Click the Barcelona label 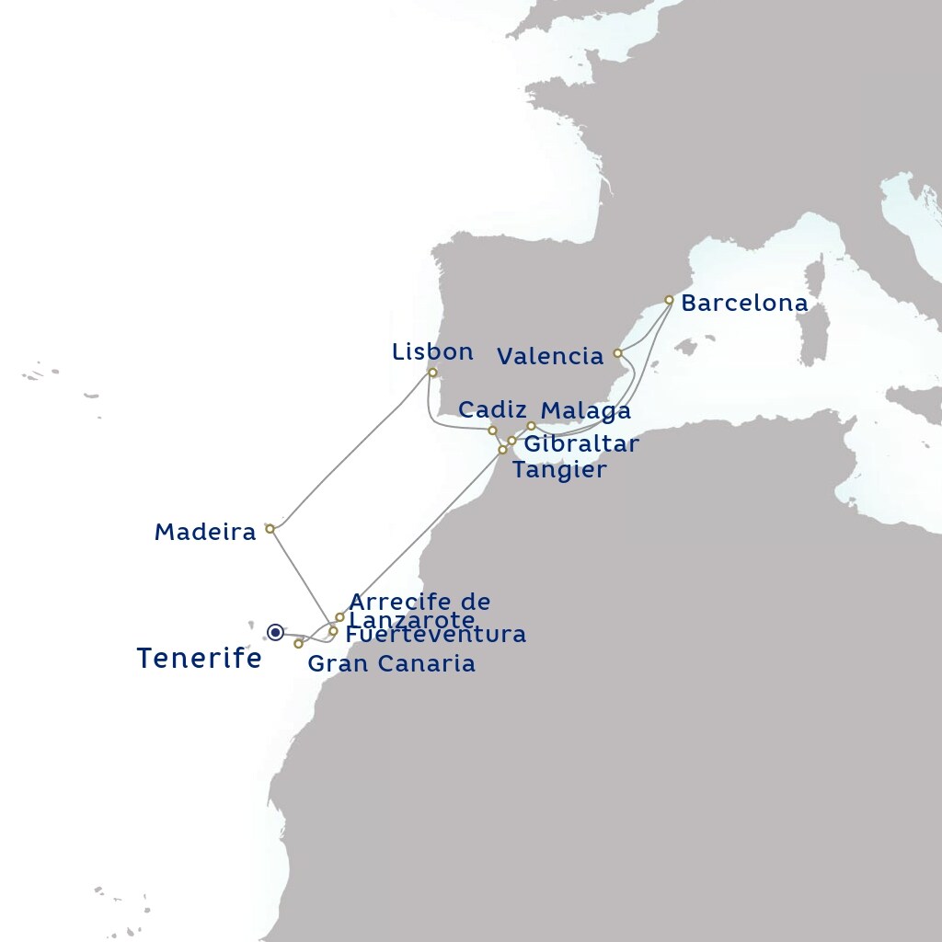point(744,304)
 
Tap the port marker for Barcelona point(669,300)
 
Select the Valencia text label point(550,357)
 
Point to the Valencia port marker point(617,353)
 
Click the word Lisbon point(432,351)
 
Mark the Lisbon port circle point(432,373)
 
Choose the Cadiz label point(492,409)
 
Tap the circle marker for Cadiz point(492,431)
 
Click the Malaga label point(586,410)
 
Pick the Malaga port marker point(531,426)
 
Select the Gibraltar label point(580,444)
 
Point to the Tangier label point(559,470)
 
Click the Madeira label point(205,532)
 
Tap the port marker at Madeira point(270,529)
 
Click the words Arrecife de point(420,603)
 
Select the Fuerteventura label point(436,635)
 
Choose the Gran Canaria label point(391,664)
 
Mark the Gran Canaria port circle point(298,644)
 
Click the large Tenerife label point(200,659)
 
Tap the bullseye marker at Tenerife point(275,632)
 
